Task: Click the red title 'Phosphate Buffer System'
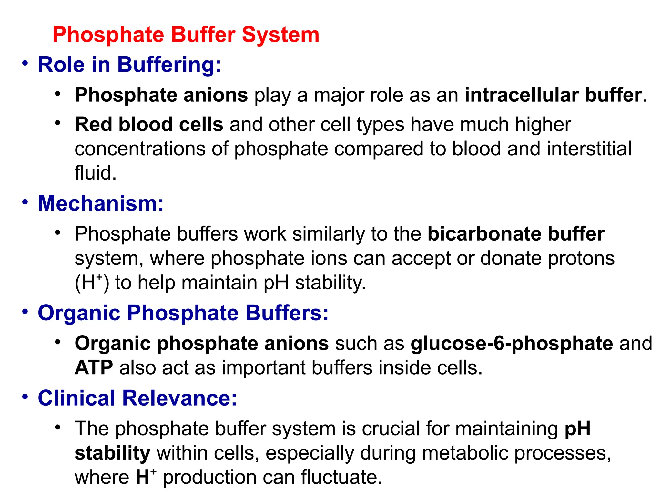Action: coord(186,35)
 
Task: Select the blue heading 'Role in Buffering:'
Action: coord(129,65)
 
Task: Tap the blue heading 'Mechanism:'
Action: coord(101,203)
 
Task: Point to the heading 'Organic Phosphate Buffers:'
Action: coord(183,313)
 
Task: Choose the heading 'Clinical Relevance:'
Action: coord(137,398)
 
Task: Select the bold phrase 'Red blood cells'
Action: coord(149,125)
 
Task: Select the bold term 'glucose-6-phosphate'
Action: coord(512,343)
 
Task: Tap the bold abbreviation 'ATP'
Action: coord(94,368)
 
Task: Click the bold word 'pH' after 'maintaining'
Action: coord(577,429)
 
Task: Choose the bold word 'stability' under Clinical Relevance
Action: coord(112,453)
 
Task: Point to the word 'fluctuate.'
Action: coord(341,477)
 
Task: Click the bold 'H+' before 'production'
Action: coord(146,477)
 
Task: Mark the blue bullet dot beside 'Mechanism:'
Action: coord(25,202)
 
